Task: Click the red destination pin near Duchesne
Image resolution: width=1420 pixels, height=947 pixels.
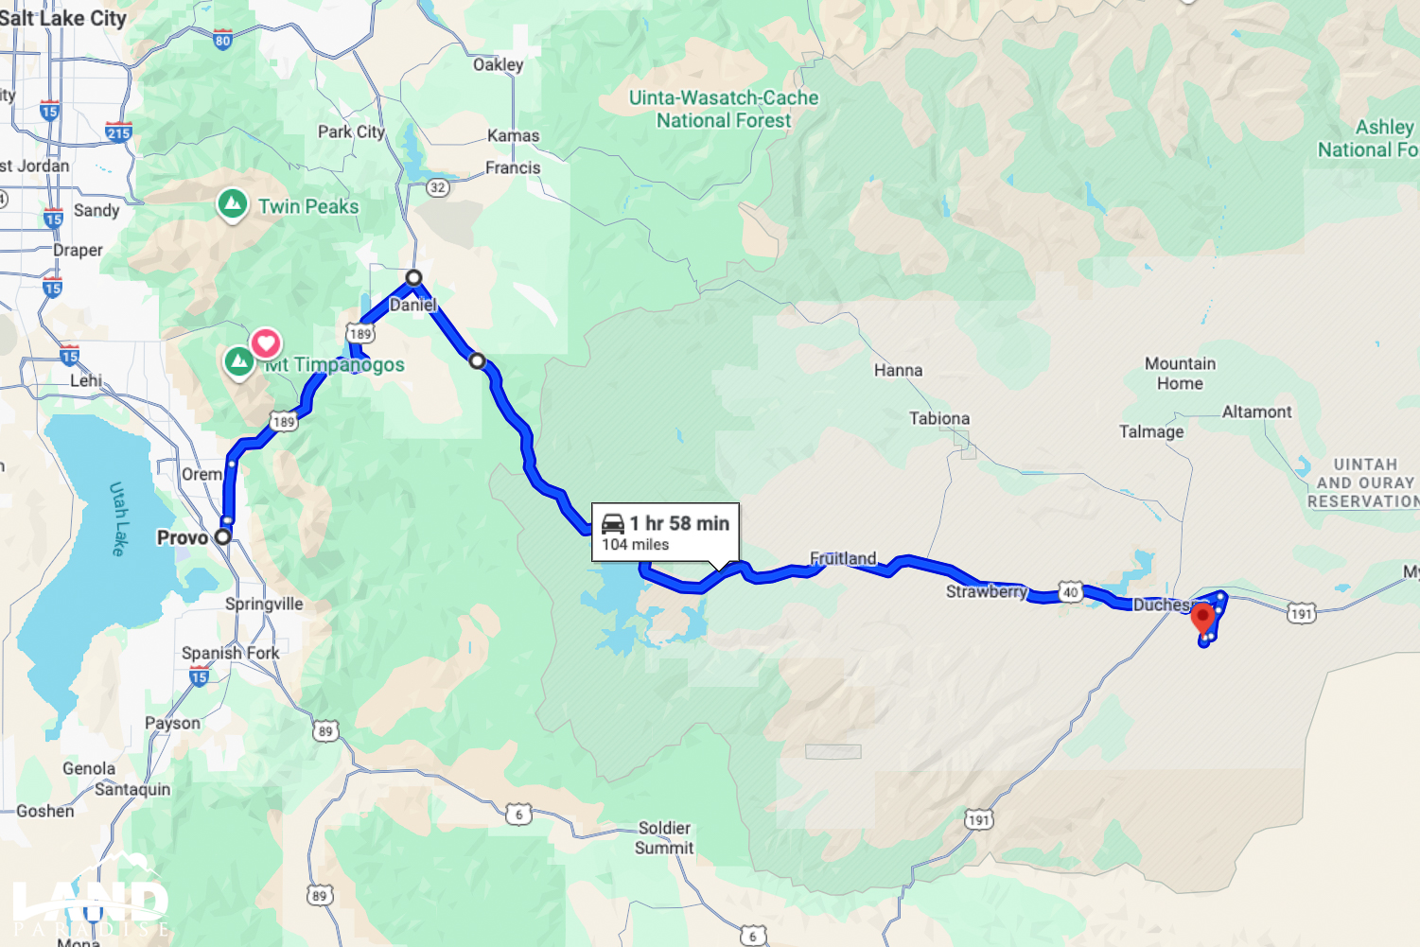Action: (1202, 619)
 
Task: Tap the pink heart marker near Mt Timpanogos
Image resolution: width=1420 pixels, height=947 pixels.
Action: (266, 342)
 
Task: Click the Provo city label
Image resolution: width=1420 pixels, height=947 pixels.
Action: (183, 537)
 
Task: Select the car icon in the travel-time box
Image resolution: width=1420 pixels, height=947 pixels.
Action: (613, 523)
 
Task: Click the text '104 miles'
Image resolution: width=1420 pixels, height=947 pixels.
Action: (636, 545)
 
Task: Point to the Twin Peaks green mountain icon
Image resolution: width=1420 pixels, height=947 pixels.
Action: (233, 204)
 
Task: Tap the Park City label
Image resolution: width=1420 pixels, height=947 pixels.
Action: (351, 132)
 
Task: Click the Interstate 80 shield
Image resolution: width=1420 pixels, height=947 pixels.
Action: (222, 40)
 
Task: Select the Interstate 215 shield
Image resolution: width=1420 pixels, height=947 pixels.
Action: (118, 132)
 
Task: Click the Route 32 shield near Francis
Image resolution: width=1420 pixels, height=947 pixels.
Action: (437, 187)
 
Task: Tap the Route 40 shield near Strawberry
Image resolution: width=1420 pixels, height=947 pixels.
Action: (1070, 592)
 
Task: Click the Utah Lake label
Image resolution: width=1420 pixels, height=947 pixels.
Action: (117, 518)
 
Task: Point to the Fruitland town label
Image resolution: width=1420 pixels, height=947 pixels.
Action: (843, 558)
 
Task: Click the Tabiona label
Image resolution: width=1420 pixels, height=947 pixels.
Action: (938, 418)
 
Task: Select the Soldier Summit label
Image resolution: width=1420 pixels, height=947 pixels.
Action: (663, 838)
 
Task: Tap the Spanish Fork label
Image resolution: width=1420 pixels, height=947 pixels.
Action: (230, 653)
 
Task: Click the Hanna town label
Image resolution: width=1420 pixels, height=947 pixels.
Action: (898, 370)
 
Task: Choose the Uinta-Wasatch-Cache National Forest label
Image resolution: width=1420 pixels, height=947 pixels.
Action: (724, 109)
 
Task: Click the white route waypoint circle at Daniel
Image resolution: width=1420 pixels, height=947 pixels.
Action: (413, 278)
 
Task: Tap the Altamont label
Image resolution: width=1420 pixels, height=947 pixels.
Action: (1256, 412)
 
